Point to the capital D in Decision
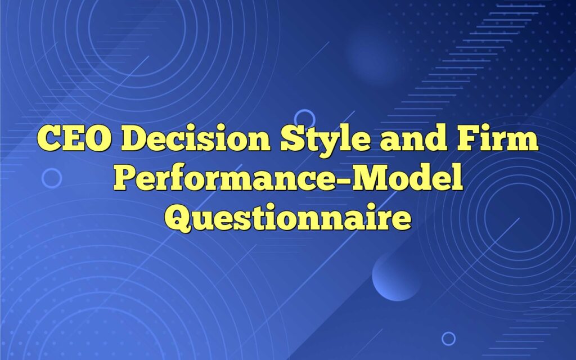(x=137, y=138)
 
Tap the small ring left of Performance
(x=52, y=178)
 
